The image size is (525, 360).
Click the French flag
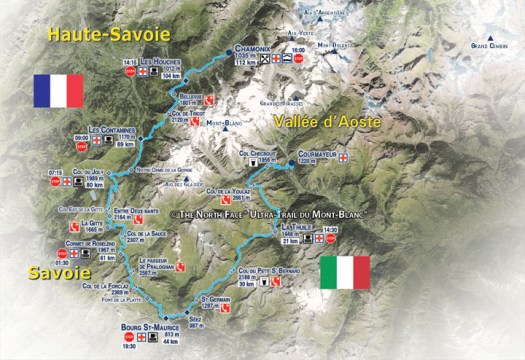(x=58, y=90)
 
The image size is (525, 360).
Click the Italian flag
(x=345, y=272)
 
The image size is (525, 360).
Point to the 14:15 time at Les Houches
(x=129, y=62)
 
